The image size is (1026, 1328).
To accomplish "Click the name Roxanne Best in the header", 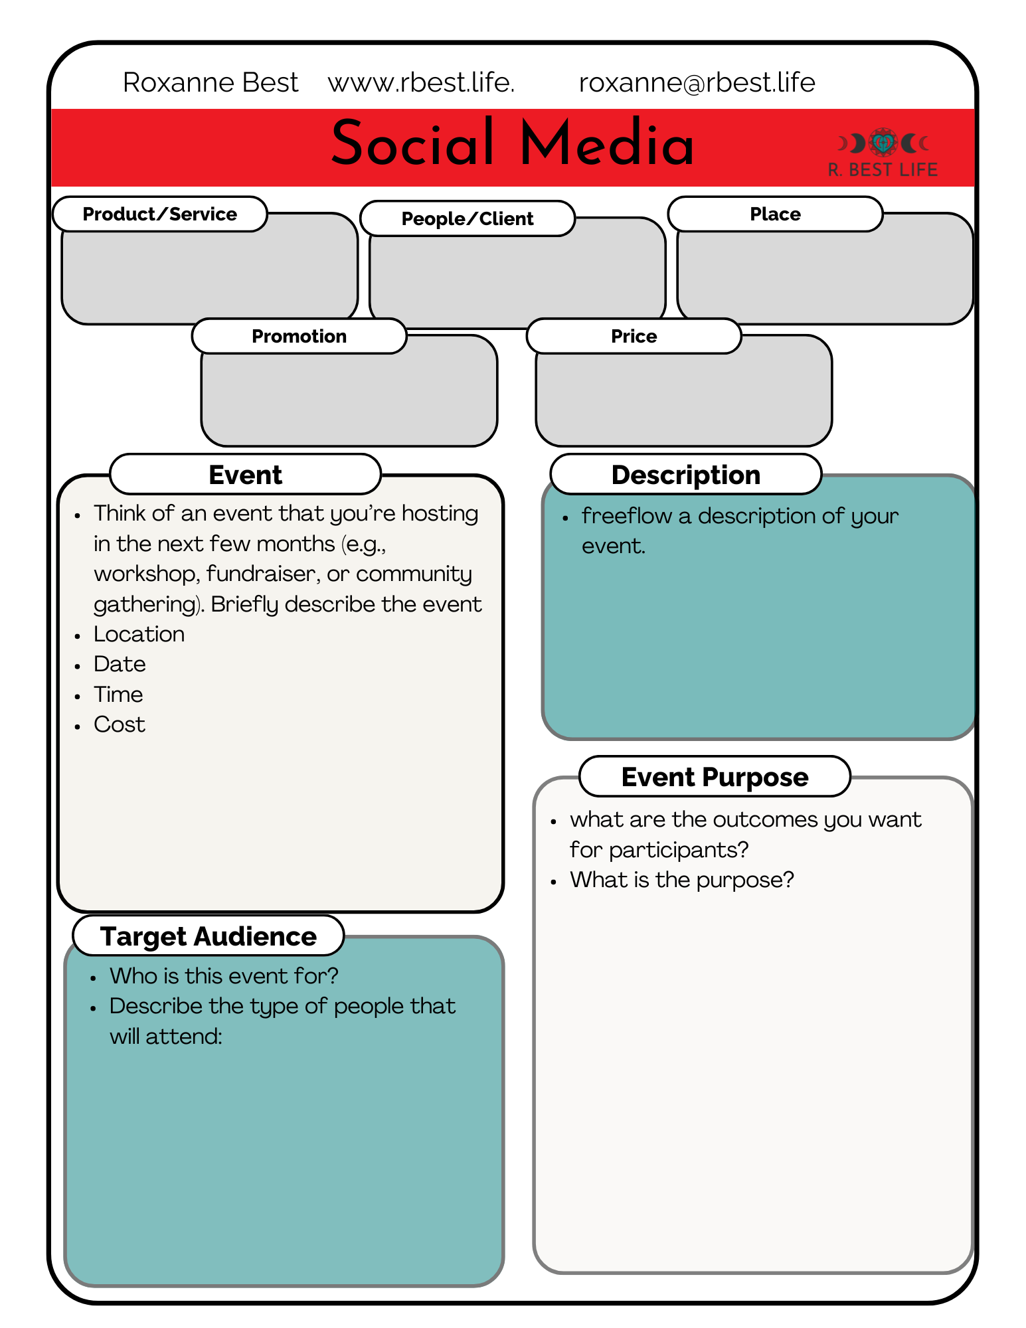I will (x=211, y=82).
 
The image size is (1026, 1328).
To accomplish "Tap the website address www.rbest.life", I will (x=421, y=82).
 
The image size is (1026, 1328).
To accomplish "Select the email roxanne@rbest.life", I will (x=697, y=82).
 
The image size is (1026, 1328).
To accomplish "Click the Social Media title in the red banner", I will (x=512, y=143).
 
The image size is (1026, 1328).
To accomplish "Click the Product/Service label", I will (x=159, y=214).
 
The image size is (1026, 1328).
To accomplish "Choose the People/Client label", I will (x=467, y=218).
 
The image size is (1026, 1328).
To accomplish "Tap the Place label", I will (x=775, y=214).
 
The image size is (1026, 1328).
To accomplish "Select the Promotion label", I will (x=299, y=336).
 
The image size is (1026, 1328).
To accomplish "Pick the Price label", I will (x=634, y=336).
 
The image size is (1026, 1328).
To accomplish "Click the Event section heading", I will (x=245, y=475).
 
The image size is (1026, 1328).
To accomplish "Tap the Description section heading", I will (x=685, y=475).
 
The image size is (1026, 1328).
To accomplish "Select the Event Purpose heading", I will (x=715, y=776).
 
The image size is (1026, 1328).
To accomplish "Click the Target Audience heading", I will (x=208, y=936).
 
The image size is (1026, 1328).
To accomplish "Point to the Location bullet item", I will (x=139, y=634).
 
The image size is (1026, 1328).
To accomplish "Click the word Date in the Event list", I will (x=120, y=664).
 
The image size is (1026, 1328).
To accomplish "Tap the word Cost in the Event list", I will (x=120, y=724).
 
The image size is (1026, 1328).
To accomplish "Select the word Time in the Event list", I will (x=118, y=695).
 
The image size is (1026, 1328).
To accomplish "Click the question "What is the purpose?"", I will (x=681, y=880).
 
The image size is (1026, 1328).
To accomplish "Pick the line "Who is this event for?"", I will (x=224, y=975).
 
